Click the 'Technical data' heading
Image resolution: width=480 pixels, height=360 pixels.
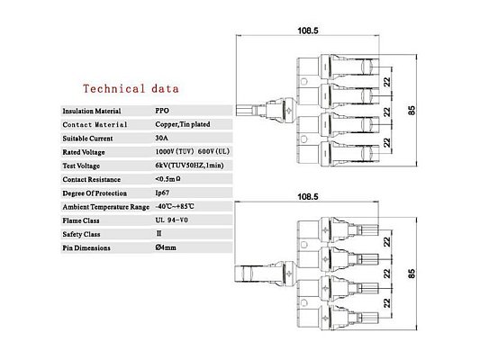(x=131, y=89)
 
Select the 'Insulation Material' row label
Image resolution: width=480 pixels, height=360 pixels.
(x=92, y=111)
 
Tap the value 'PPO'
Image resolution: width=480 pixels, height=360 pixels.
(x=162, y=111)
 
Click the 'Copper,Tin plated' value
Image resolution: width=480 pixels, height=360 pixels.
(x=183, y=124)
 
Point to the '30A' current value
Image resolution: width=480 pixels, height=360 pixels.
(x=161, y=138)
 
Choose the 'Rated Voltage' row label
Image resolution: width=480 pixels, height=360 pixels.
(x=84, y=152)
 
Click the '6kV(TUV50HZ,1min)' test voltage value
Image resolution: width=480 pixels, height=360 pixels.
(x=189, y=166)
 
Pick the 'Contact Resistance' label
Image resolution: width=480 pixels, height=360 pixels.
(x=92, y=179)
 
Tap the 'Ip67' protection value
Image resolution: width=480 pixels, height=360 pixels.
(x=162, y=193)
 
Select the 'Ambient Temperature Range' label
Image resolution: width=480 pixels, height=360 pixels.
(x=106, y=207)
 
